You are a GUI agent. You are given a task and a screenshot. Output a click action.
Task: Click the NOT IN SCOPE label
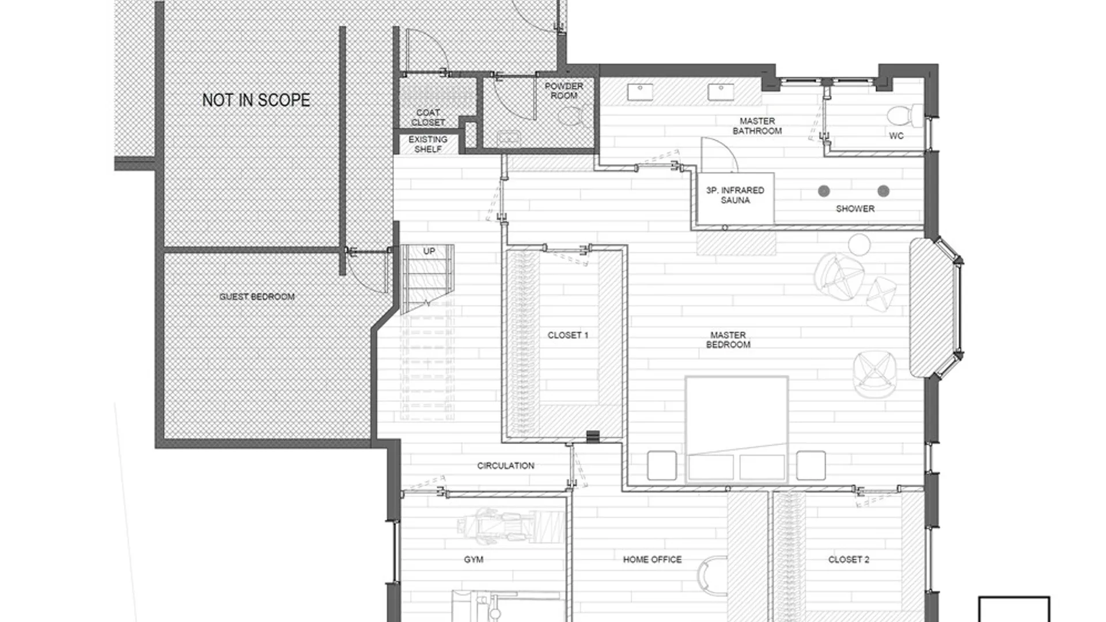point(256,100)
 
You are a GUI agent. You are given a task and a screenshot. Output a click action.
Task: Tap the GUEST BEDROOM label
point(257,297)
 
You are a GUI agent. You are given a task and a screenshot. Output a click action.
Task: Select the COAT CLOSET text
point(428,117)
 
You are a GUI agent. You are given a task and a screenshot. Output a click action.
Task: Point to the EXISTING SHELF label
point(428,144)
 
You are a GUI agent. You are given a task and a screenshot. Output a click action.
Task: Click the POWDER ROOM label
point(564,91)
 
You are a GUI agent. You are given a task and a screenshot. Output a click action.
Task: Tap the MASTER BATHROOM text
point(757,126)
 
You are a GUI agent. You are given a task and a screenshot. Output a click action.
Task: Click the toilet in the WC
point(905,116)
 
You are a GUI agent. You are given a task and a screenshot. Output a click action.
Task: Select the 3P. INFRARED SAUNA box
point(735,198)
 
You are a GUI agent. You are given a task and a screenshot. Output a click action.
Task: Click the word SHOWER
point(855,208)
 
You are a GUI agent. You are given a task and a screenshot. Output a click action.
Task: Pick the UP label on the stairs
point(429,251)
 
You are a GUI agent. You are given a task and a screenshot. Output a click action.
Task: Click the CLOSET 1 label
point(568,335)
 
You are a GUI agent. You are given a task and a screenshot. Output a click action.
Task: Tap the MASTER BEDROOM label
point(728,340)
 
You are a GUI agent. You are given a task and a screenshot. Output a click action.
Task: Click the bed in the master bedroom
point(737,429)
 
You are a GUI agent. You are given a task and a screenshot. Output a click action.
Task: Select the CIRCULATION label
point(506,465)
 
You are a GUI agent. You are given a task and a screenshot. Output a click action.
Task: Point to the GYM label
point(474,559)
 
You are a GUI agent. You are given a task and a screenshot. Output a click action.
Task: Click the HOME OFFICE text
point(652,559)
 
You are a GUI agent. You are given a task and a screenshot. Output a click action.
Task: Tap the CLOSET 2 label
point(849,559)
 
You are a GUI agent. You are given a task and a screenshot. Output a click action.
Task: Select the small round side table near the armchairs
point(859,244)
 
